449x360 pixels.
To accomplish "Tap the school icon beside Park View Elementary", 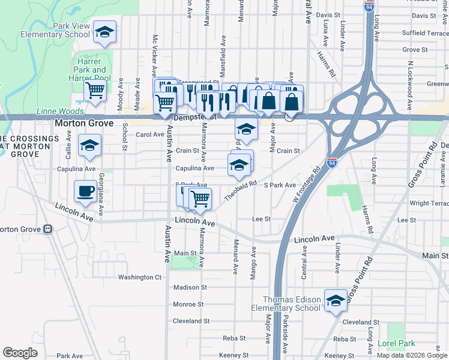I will point(104,34).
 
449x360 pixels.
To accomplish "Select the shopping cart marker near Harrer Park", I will point(95,91).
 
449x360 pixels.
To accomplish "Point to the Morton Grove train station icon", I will point(47,229).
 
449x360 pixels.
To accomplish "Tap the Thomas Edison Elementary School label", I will point(292,304).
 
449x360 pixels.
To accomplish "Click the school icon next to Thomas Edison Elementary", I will point(336,300).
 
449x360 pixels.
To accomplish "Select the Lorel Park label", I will point(396,344).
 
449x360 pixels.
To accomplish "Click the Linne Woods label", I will point(58,111).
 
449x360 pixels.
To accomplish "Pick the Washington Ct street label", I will point(140,277).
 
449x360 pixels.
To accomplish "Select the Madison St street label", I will point(190,287).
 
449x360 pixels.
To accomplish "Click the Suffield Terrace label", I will point(425,33).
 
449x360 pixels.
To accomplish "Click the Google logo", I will point(20,353).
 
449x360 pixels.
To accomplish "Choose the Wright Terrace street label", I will point(429,203).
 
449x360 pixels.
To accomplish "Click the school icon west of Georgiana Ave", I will point(90,146).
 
